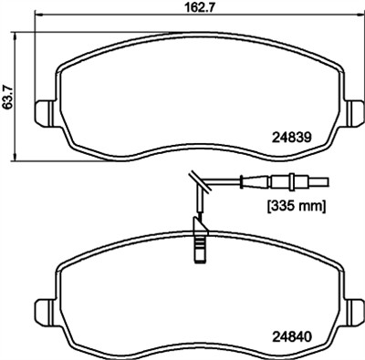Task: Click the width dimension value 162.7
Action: point(201,7)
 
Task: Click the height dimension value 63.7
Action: point(7,97)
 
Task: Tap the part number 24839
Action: point(292,138)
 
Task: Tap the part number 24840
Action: point(292,336)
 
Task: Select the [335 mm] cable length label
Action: point(296,207)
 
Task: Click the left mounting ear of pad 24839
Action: point(45,113)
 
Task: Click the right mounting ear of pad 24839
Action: point(354,113)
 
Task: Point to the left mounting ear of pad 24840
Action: point(45,311)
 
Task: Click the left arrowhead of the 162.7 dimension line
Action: point(39,14)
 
